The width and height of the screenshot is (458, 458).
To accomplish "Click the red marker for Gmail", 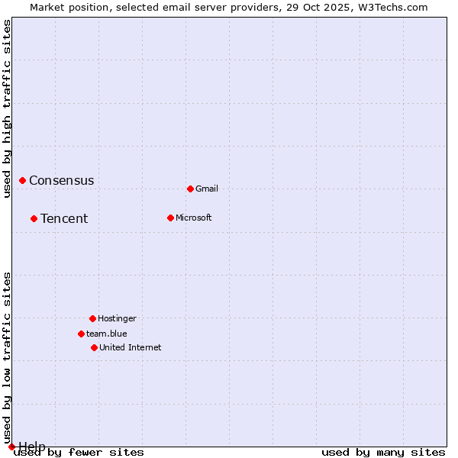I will pos(190,189).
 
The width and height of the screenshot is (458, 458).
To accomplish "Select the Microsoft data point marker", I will pos(170,218).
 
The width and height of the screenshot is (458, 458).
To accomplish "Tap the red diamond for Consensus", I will pos(23,180).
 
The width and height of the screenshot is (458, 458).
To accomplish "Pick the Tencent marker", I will pos(34,218).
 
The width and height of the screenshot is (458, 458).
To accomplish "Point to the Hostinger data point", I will pos(92,318).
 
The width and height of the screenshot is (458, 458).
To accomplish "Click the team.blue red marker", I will pos(81,334).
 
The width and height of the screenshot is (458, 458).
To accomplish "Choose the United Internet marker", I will pos(94,347).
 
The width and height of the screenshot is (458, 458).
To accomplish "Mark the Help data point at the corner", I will pos(11,447).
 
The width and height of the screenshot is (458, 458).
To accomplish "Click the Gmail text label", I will pos(207,189).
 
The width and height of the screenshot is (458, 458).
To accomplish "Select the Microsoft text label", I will pos(194,218).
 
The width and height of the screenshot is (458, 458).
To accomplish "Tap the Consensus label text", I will pos(62,181).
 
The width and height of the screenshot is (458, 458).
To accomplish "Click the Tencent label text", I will pos(64,219).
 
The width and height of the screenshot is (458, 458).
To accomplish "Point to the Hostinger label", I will pos(117,318).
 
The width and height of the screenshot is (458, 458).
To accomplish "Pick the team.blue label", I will pos(107,334).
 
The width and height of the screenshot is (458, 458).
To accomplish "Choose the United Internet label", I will pos(131,347).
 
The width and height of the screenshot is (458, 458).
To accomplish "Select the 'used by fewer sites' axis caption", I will pos(79,453).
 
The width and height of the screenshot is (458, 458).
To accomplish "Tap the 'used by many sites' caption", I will pos(383,453).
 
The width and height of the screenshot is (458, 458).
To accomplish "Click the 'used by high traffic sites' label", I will pos(7,108).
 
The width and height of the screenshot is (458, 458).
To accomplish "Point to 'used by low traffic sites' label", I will pos(7,357).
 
